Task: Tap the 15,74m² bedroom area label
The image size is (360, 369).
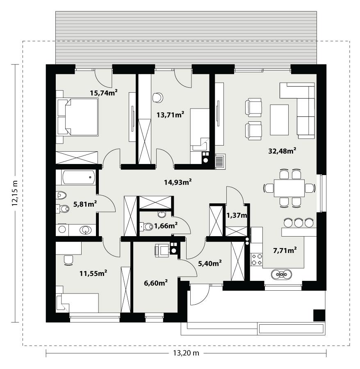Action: (x=104, y=93)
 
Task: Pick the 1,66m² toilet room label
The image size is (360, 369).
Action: (x=166, y=225)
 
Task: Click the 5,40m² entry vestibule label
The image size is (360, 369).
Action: (x=210, y=263)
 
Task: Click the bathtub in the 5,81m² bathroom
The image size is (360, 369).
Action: (x=79, y=178)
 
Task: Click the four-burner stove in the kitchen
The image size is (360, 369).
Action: (x=257, y=259)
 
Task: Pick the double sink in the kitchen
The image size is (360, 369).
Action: (x=282, y=273)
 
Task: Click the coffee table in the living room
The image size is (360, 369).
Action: (x=279, y=120)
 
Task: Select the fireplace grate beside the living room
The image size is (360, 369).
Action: (x=220, y=161)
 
